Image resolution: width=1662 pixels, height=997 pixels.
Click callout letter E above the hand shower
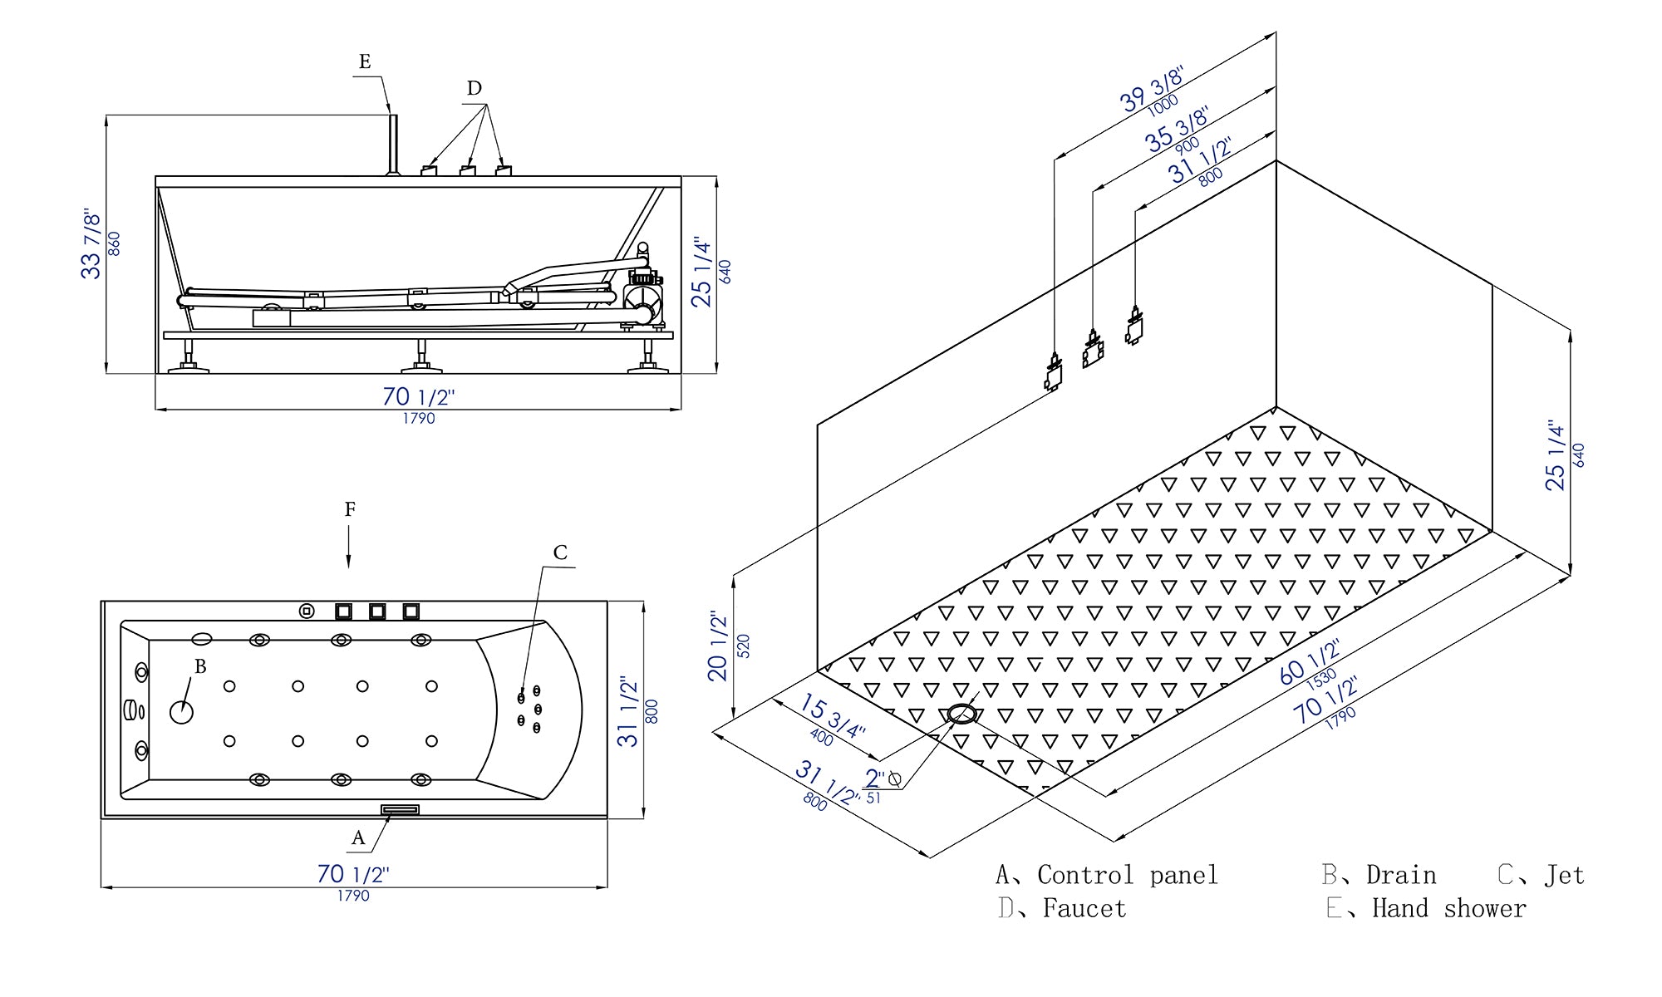(x=365, y=61)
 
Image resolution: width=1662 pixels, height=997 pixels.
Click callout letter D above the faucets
(x=474, y=88)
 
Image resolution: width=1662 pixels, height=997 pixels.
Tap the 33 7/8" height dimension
(x=92, y=246)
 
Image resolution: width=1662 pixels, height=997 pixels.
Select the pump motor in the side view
(x=642, y=295)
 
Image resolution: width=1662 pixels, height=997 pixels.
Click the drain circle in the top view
(x=181, y=712)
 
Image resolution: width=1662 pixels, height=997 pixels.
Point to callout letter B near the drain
(x=200, y=666)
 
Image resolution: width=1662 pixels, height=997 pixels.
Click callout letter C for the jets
(x=560, y=553)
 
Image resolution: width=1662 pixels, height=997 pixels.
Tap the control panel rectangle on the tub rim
(x=400, y=809)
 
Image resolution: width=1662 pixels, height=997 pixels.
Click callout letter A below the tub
(x=358, y=838)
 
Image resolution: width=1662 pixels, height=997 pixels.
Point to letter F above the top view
(x=350, y=509)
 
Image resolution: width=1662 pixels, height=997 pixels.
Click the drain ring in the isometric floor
(x=961, y=714)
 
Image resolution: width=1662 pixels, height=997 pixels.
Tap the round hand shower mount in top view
(x=307, y=611)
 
